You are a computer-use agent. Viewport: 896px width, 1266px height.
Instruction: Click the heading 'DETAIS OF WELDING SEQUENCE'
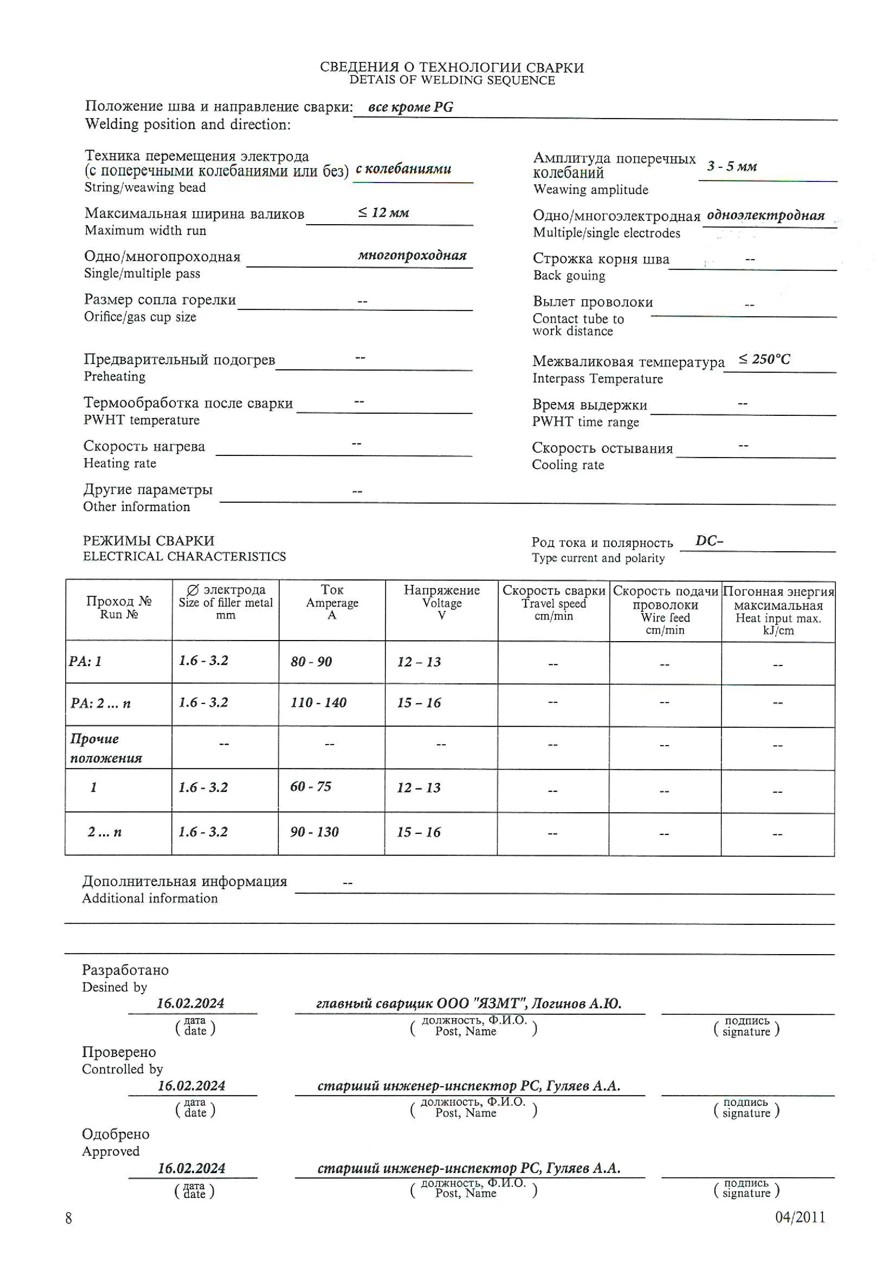(452, 81)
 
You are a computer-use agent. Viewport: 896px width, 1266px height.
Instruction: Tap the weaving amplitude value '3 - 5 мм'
(732, 166)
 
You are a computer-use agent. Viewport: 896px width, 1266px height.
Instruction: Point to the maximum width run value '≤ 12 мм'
(383, 213)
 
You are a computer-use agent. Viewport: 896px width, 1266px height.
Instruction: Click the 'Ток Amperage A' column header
(332, 602)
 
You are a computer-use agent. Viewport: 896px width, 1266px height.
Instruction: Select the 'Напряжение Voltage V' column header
(441, 602)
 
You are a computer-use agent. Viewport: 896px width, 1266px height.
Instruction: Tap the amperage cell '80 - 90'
(311, 662)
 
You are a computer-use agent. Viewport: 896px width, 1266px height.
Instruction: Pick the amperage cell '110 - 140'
(318, 702)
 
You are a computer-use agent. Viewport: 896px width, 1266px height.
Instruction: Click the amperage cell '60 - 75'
(311, 787)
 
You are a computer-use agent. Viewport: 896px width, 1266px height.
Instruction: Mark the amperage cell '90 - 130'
(314, 832)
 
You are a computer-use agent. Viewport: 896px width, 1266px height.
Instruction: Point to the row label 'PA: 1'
(86, 662)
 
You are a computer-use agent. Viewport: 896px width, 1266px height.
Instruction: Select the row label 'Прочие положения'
(105, 748)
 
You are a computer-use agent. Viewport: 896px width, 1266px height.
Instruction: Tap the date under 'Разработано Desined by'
(190, 1004)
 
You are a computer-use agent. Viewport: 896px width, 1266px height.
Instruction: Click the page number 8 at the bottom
(68, 1218)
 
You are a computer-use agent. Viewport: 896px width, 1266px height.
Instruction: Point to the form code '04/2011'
(800, 1217)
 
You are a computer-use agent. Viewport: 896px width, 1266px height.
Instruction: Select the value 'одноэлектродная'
(766, 216)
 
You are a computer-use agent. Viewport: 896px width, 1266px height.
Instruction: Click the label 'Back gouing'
(569, 276)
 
